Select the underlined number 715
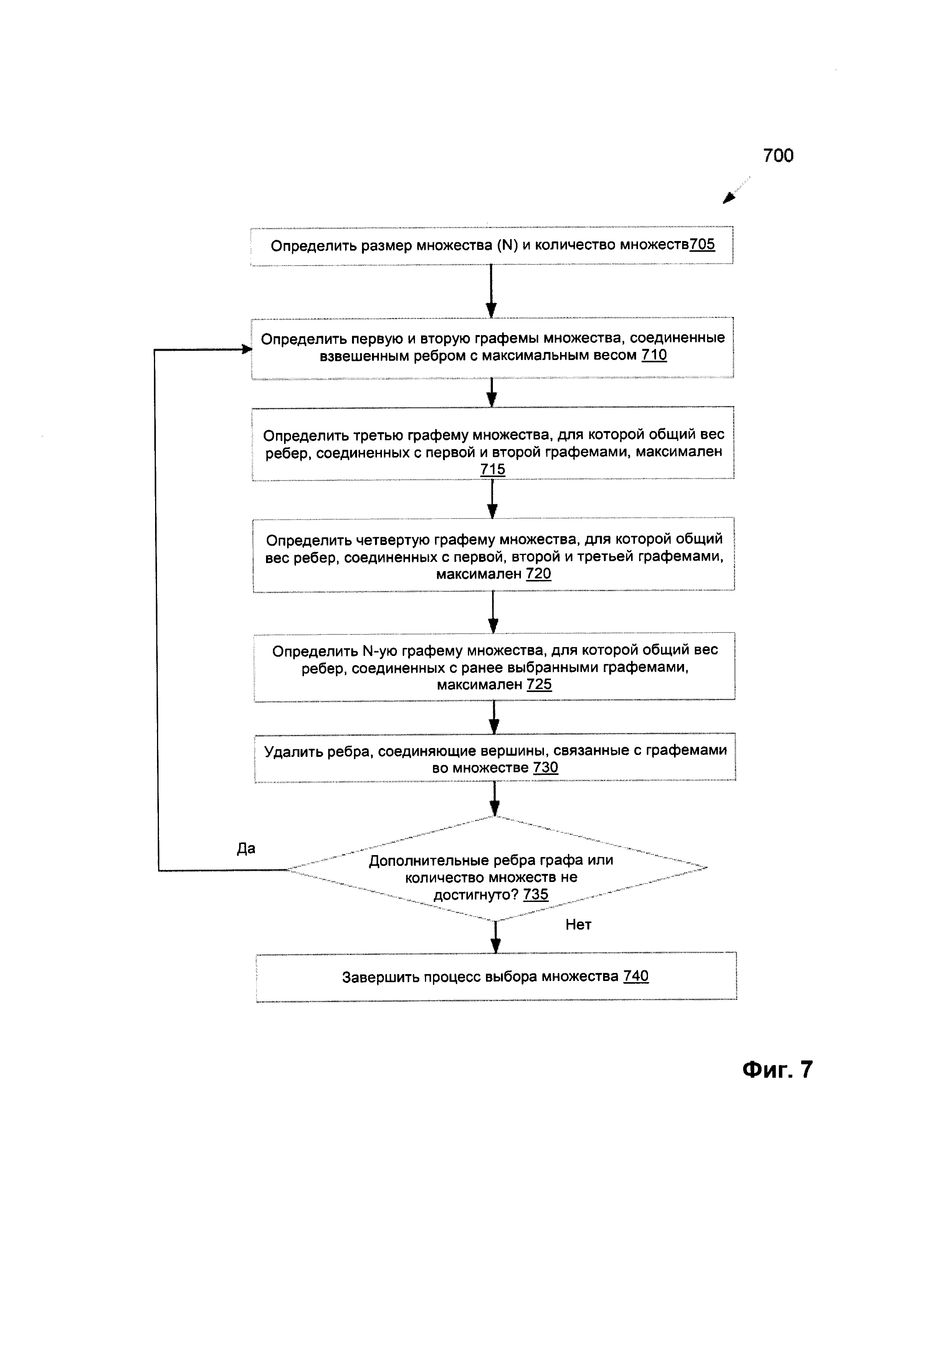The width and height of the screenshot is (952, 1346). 493,469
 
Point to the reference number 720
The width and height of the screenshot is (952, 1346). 539,573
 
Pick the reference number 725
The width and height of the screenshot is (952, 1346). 539,684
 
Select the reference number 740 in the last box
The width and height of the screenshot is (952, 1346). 636,976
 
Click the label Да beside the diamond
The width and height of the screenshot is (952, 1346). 246,849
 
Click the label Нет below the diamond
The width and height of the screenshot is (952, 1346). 578,925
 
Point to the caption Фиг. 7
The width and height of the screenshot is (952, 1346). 777,1069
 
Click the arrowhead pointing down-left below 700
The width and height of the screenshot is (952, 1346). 729,198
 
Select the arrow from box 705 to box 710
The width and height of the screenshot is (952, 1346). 491,291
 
